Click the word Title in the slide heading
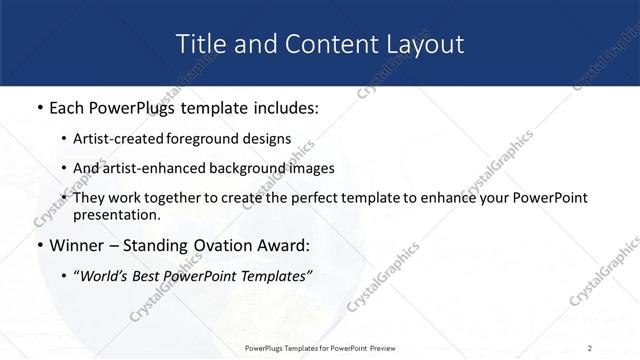[201, 44]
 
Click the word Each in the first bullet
[69, 107]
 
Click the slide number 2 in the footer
[590, 347]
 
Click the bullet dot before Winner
[38, 246]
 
